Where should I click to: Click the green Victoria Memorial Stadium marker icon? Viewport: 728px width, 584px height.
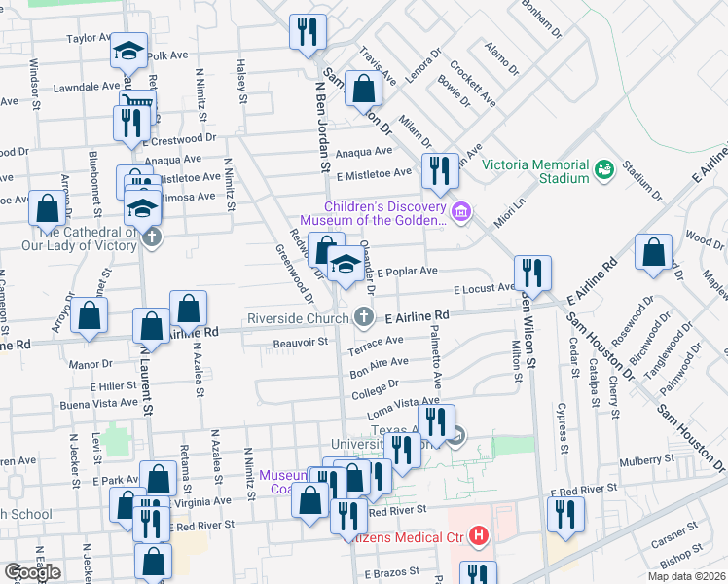point(604,169)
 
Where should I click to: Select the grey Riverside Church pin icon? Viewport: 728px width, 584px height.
point(363,317)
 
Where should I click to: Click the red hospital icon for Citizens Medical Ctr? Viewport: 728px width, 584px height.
point(478,535)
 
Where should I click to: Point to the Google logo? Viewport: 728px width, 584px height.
point(32,572)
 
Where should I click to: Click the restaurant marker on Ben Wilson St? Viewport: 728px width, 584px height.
point(533,273)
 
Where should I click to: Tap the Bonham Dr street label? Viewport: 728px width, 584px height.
point(542,18)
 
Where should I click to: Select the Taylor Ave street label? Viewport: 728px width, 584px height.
point(91,38)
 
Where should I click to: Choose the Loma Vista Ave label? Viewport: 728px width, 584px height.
point(403,408)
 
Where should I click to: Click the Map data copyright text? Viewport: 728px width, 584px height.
point(686,576)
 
